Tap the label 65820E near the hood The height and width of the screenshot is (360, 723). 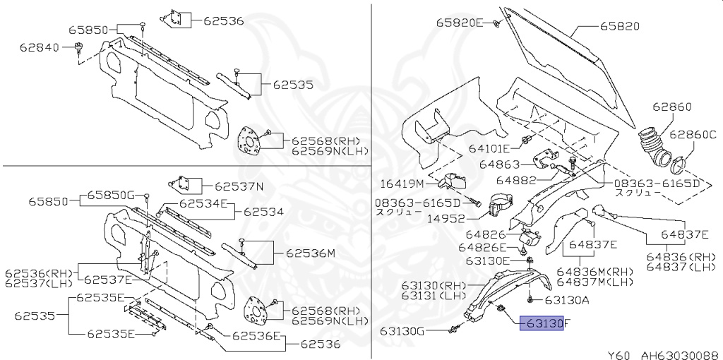458,23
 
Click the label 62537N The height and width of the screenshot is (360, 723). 239,186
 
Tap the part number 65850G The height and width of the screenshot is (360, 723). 110,195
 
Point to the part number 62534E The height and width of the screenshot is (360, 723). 203,203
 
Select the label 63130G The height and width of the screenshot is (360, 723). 402,330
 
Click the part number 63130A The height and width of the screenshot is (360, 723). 566,300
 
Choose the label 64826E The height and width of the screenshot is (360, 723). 482,247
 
